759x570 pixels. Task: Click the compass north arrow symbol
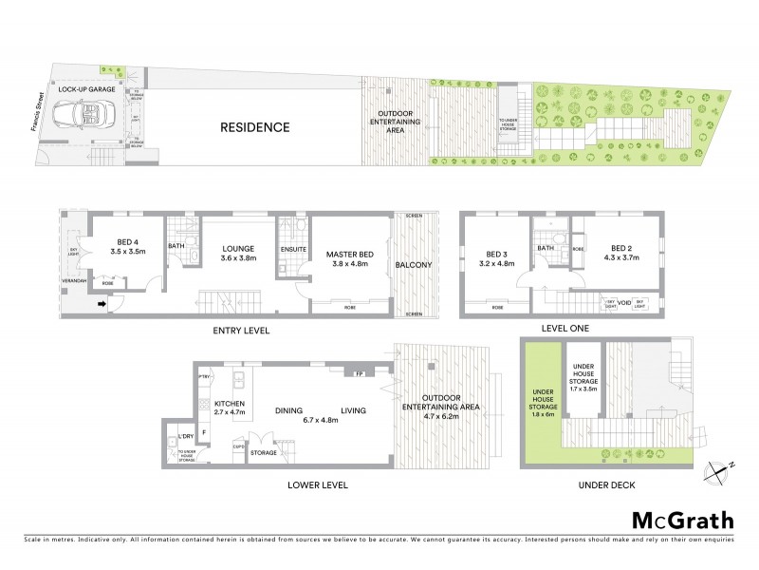(x=722, y=467)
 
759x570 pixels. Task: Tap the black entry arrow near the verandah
(x=102, y=305)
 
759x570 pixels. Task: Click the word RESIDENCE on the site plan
(x=254, y=127)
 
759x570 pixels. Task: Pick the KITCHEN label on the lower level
(x=231, y=404)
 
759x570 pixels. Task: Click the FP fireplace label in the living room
(x=359, y=374)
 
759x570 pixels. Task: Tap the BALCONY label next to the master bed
(x=415, y=264)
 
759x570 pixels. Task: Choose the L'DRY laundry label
(x=186, y=438)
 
